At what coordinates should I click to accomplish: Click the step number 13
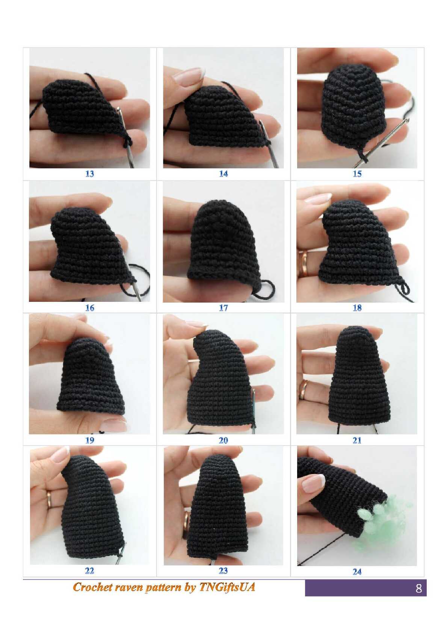89,174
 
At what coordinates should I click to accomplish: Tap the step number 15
357,174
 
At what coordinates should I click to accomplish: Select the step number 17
223,307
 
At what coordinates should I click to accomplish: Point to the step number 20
223,440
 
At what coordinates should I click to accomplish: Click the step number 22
89,571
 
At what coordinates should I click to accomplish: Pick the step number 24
357,572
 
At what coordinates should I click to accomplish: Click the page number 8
419,588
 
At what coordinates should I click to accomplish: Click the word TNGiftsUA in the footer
227,587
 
